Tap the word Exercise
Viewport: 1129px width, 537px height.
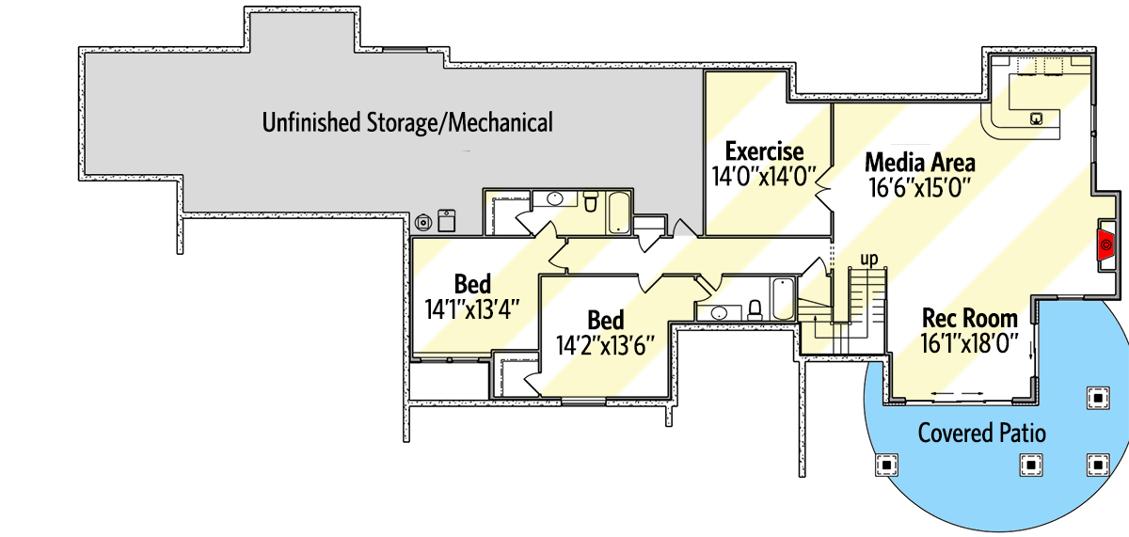point(764,150)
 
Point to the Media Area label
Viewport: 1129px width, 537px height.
point(919,162)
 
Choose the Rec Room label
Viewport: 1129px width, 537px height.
point(969,318)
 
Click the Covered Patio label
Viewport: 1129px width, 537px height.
point(981,433)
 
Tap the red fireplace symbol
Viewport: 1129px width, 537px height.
point(1106,243)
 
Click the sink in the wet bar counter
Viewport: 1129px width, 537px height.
point(1036,118)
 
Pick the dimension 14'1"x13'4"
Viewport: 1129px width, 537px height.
point(472,308)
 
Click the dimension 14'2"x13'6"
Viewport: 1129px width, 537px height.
point(605,344)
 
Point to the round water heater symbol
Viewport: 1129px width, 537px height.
point(424,222)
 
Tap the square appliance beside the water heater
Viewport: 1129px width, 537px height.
point(446,221)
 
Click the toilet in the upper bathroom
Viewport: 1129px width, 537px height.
point(590,201)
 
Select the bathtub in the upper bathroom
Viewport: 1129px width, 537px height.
point(618,213)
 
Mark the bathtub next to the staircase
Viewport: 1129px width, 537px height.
point(783,299)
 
